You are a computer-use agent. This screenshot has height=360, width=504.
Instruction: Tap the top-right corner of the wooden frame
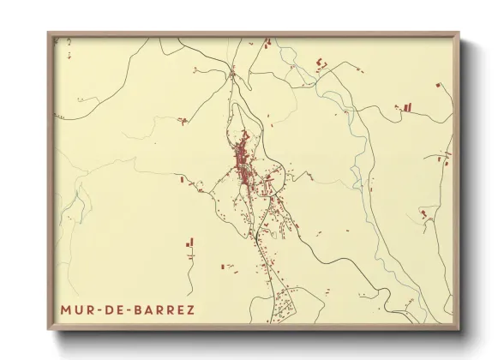pyautogui.click(x=460, y=33)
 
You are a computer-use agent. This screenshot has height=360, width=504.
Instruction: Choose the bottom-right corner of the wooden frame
pyautogui.click(x=460, y=331)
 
